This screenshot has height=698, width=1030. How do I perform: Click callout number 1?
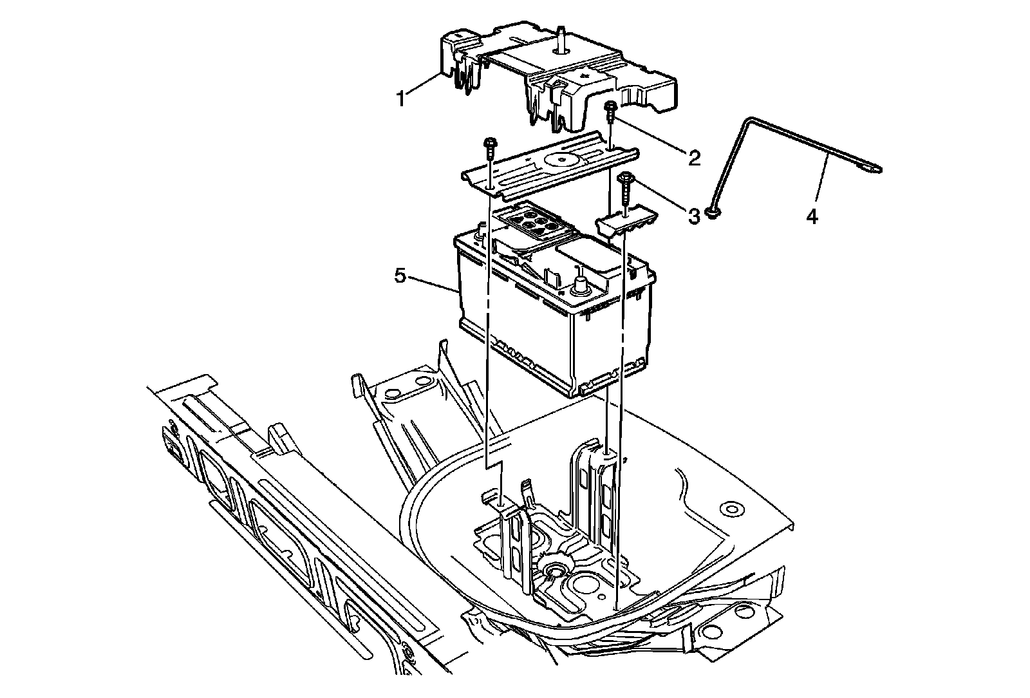[x=400, y=100]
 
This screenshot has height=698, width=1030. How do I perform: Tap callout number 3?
[x=693, y=216]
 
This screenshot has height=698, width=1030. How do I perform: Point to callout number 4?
[x=812, y=217]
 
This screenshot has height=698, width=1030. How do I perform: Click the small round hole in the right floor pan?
[x=731, y=509]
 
